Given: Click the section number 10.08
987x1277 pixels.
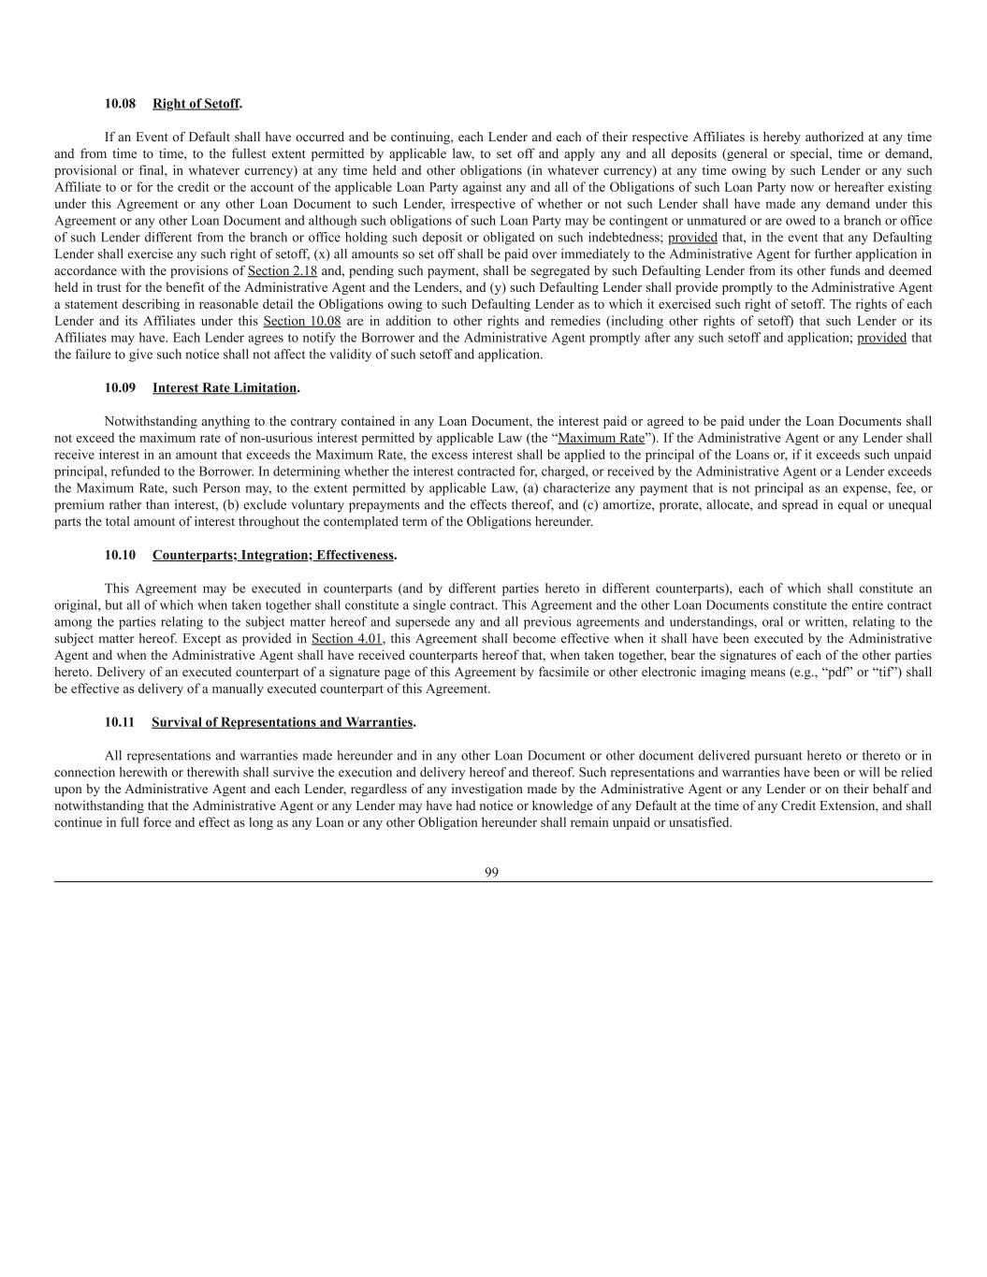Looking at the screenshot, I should click(x=120, y=103).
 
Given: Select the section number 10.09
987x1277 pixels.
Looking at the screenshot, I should click(x=120, y=387).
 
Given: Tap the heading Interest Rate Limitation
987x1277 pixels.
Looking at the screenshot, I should click(x=225, y=387).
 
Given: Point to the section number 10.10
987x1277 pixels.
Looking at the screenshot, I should click(x=120, y=555).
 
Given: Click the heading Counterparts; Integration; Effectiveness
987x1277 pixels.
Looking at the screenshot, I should click(x=273, y=555).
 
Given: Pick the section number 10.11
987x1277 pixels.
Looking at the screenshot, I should click(x=120, y=722).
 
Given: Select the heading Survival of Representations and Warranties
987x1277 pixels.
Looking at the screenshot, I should click(x=282, y=722).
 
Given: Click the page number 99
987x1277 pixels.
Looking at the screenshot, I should click(x=492, y=872).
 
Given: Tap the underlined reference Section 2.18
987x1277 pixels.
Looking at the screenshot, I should click(x=282, y=271).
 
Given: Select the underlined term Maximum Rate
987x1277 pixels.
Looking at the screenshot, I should click(x=601, y=438).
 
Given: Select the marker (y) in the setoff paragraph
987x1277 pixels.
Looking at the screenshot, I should click(x=515, y=288).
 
